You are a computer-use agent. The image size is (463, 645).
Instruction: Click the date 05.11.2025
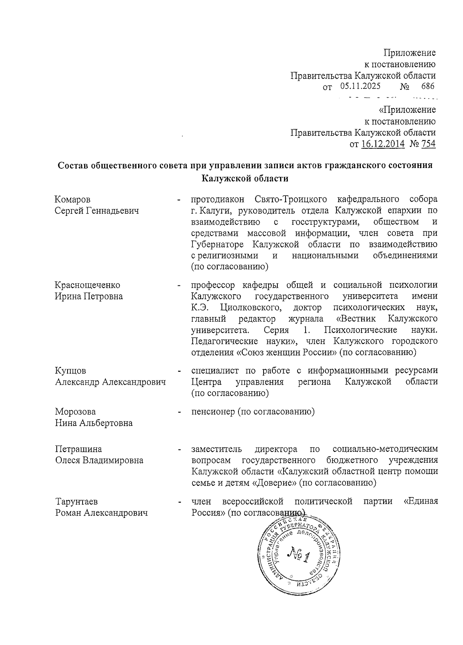(x=360, y=86)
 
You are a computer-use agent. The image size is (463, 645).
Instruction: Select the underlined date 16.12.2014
(x=383, y=144)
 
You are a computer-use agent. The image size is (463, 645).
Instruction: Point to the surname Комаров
(x=73, y=200)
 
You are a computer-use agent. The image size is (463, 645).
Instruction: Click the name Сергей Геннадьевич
(x=96, y=211)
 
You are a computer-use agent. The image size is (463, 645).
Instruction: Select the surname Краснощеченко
(x=87, y=285)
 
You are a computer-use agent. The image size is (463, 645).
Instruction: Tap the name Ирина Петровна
(x=89, y=296)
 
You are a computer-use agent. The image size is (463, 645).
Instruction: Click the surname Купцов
(x=70, y=371)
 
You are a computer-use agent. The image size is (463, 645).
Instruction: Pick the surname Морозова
(x=75, y=412)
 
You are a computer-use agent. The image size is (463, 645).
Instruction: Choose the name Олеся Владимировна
(x=99, y=460)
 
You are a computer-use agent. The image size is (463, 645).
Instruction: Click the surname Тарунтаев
(x=76, y=502)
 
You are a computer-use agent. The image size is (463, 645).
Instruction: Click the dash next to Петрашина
(x=179, y=450)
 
